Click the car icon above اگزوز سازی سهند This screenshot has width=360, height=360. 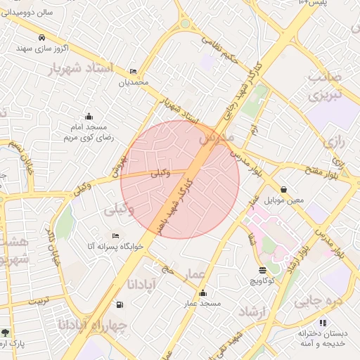coord(42,37)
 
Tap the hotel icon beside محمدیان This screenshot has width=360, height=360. coord(134,72)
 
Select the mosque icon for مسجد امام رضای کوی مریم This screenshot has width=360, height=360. coord(89,117)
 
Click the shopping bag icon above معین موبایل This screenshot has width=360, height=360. coord(283,189)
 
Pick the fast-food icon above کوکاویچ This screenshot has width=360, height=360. coord(262,269)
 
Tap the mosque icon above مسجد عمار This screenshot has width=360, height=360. coord(202,293)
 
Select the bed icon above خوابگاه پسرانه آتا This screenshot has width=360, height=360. coord(115,236)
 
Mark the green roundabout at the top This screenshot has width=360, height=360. coord(186,23)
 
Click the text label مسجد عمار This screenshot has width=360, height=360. coord(202,304)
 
